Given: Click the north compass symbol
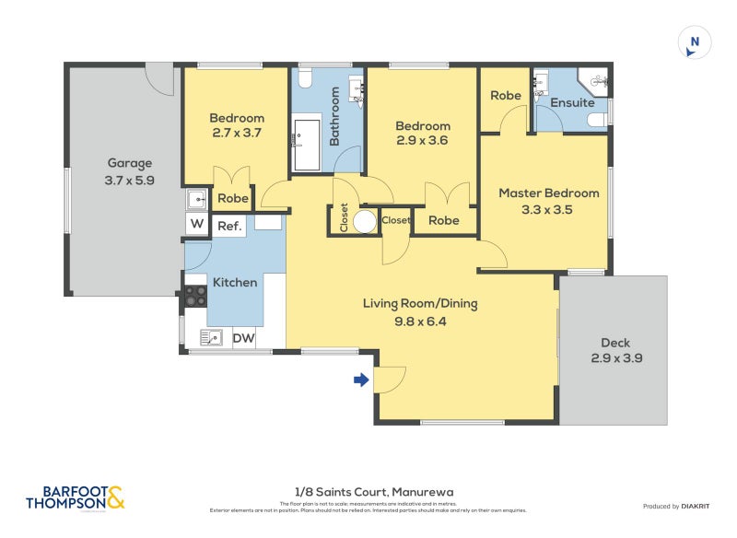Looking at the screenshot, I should [x=695, y=42].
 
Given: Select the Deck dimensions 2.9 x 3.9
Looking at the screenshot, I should [x=616, y=357].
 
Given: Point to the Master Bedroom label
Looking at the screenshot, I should [x=548, y=193].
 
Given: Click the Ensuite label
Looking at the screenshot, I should [x=572, y=102].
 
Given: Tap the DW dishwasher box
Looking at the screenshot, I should [x=243, y=339].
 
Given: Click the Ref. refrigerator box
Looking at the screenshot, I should [x=229, y=226].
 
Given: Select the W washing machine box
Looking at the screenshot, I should [x=196, y=223].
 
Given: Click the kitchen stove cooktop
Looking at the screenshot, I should [x=195, y=296].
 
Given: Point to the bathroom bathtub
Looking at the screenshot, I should [x=306, y=145].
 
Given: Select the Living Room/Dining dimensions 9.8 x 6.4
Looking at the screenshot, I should [x=419, y=322].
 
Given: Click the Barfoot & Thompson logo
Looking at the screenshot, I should [x=74, y=498].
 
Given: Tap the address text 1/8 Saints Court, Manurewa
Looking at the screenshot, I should [x=368, y=492].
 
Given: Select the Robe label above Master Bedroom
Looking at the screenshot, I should [x=505, y=96].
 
